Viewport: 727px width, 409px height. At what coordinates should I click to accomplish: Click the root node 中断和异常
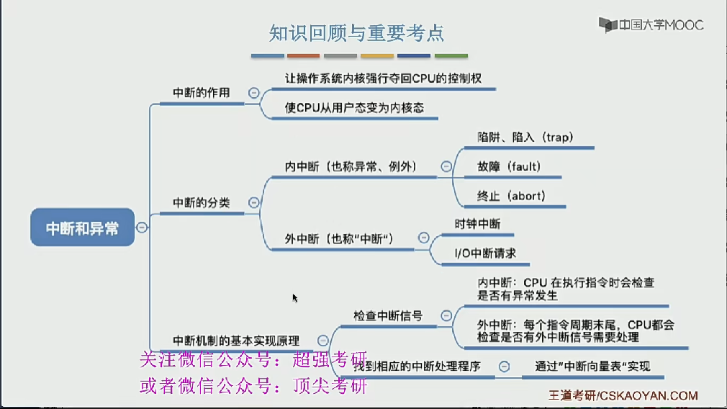pyautogui.click(x=82, y=228)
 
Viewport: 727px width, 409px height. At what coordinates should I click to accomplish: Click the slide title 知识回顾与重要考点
pyautogui.click(x=356, y=32)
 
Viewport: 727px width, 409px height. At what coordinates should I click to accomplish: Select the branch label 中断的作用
pyautogui.click(x=202, y=93)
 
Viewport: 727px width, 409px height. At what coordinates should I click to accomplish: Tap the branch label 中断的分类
pyautogui.click(x=202, y=203)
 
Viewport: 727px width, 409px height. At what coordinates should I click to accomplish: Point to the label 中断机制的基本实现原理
pyautogui.click(x=236, y=340)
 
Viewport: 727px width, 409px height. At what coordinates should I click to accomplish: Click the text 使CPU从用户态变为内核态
pyautogui.click(x=354, y=108)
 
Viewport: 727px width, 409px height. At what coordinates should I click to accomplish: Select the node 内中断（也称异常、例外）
pyautogui.click(x=350, y=166)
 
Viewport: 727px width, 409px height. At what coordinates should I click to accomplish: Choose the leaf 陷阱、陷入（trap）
pyautogui.click(x=525, y=137)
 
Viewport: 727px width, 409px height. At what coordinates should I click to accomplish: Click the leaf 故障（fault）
pyautogui.click(x=508, y=166)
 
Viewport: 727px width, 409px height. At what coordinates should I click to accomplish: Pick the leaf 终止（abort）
pyautogui.click(x=511, y=196)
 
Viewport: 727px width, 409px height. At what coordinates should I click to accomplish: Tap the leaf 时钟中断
pyautogui.click(x=477, y=224)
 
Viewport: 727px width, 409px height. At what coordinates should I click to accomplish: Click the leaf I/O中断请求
pyautogui.click(x=484, y=253)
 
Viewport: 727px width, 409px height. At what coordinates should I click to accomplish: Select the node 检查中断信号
pyautogui.click(x=387, y=315)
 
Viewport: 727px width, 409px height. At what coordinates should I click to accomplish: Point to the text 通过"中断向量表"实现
pyautogui.click(x=592, y=367)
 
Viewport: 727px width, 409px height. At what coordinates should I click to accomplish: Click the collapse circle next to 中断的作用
pyautogui.click(x=253, y=93)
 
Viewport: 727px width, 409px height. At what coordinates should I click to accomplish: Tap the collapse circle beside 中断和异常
pyautogui.click(x=142, y=228)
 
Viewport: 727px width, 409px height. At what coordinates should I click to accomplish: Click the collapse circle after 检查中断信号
pyautogui.click(x=446, y=315)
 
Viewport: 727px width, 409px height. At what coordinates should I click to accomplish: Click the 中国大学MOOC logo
pyautogui.click(x=652, y=25)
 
